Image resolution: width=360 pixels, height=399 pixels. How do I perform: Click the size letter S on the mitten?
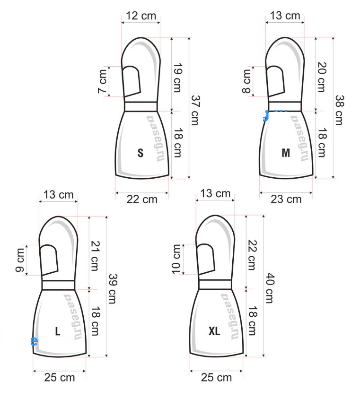pos(140,153)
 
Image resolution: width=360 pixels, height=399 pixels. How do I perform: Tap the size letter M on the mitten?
pos(286,153)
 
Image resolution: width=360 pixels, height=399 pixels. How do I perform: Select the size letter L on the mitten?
pos(58,331)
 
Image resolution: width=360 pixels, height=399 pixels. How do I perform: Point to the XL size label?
pos(214,331)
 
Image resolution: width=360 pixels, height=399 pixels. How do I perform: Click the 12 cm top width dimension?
pos(141,16)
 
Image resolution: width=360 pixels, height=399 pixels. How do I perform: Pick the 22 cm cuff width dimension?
pos(142,199)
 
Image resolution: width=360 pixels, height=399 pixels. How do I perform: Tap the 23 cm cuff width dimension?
pos(286,199)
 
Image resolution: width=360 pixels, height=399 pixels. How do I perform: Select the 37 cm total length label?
pos(195,110)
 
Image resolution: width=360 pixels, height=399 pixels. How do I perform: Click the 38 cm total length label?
pos(339,110)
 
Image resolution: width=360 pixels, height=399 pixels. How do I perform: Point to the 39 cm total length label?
pos(113,288)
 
